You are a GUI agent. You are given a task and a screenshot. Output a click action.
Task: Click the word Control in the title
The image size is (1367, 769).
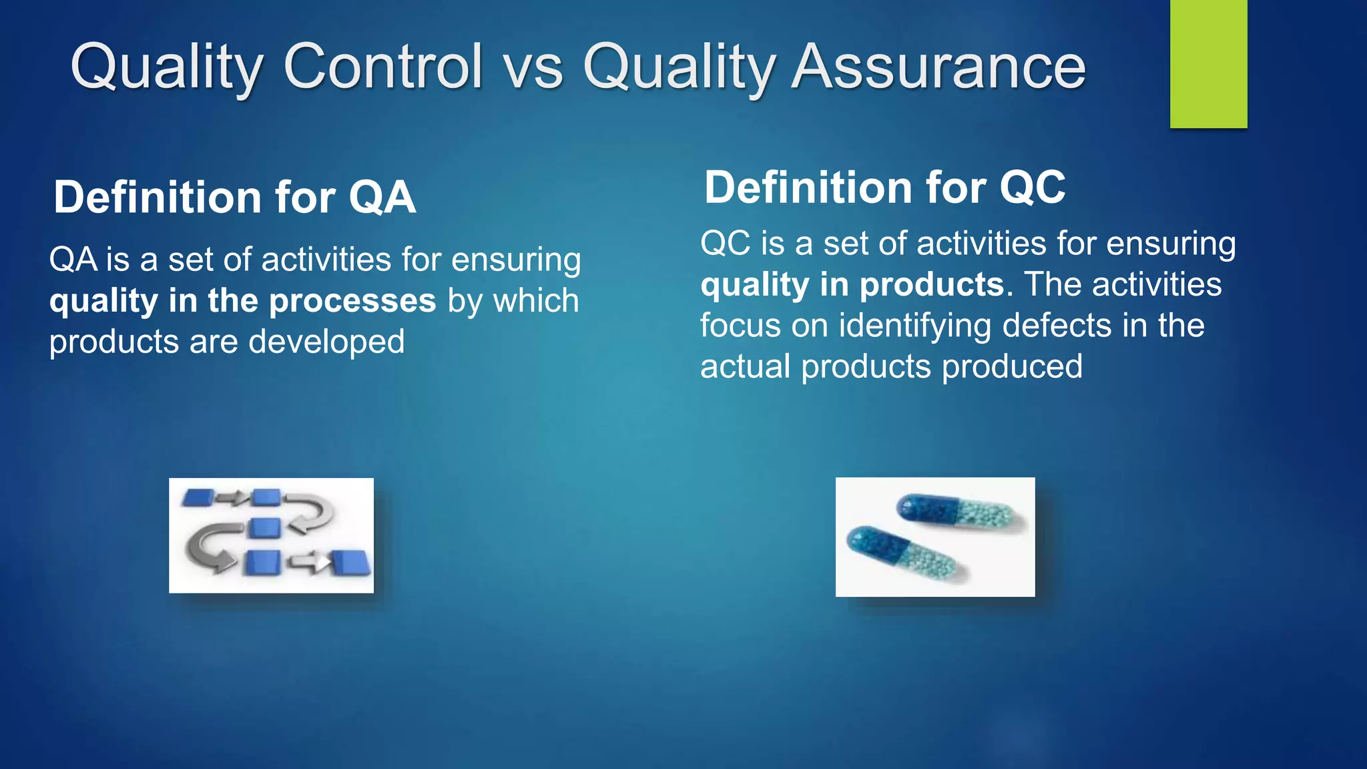[x=382, y=67]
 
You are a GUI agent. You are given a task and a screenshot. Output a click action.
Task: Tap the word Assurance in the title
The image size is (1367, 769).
[x=938, y=67]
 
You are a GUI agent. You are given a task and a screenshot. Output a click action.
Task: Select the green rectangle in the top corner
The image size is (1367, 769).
[x=1208, y=63]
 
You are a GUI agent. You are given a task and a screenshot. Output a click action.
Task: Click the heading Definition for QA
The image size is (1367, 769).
[x=234, y=198]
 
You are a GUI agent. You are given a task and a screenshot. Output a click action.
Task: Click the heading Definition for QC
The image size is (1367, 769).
[x=884, y=188]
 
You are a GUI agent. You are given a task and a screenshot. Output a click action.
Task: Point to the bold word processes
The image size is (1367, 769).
[x=352, y=301]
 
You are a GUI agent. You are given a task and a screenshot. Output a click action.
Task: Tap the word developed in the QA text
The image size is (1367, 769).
[x=326, y=342]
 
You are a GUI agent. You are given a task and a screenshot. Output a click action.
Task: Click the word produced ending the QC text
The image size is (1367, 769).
[x=1012, y=367]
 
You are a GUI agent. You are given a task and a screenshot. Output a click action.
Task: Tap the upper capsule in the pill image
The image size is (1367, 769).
[x=954, y=513]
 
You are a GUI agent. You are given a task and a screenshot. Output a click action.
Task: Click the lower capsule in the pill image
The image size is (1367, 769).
[x=904, y=552]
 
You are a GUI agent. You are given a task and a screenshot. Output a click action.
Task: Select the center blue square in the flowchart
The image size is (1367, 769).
[x=264, y=528]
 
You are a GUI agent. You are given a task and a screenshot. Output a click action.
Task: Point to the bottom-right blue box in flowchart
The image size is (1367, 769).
[x=351, y=563]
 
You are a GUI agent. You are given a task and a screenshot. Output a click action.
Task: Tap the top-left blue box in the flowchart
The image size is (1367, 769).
[x=198, y=497]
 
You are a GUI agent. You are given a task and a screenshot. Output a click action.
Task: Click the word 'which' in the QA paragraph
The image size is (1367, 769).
[x=535, y=301]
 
